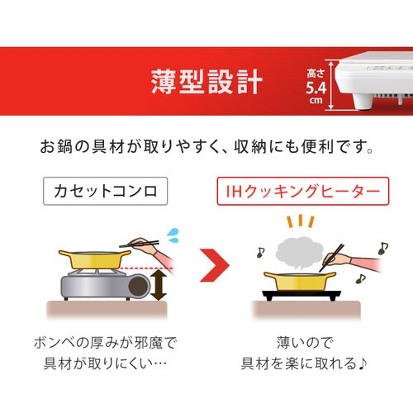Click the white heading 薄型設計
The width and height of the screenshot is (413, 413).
pyautogui.click(x=206, y=83)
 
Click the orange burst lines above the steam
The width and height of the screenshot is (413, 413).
pyautogui.click(x=298, y=223)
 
